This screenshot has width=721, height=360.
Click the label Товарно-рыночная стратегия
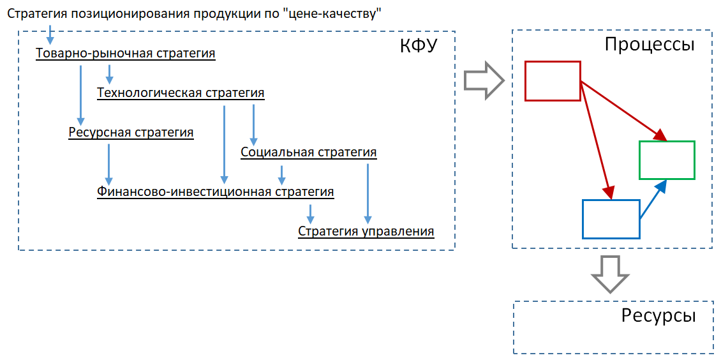[x=126, y=54]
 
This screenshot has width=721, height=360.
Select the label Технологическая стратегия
[x=181, y=93]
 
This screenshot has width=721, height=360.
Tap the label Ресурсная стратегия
[x=131, y=133]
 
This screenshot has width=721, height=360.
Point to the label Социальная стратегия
[x=309, y=153]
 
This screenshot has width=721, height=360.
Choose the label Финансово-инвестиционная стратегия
[x=216, y=191]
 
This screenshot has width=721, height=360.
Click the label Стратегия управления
[x=366, y=231]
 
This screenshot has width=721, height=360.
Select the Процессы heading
[x=650, y=45]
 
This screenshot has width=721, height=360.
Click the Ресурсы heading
[x=658, y=316]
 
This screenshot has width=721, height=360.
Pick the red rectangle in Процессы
[x=553, y=81]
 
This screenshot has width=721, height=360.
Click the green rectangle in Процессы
[x=667, y=160]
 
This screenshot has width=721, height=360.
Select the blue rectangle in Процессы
[x=611, y=219]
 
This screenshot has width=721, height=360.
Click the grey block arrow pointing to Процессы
[x=483, y=80]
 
